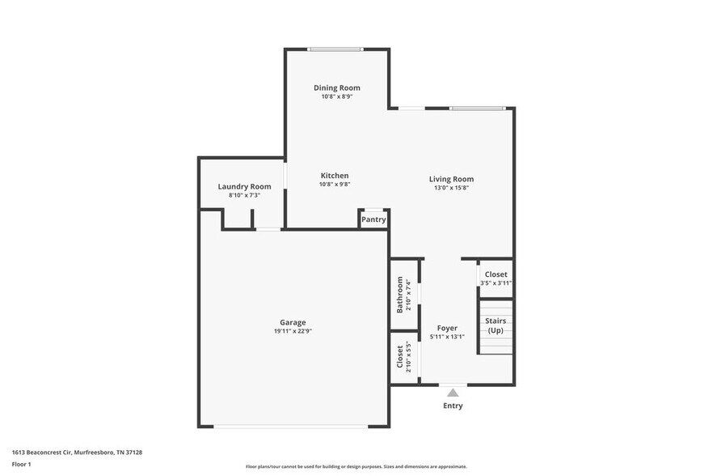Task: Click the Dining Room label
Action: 336,87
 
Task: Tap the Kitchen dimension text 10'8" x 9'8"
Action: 335,185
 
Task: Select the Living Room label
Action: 451,179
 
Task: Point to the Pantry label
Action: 373,219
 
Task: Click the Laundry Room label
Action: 243,186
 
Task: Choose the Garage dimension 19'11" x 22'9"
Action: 293,331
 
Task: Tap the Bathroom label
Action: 399,295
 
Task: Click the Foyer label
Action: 447,328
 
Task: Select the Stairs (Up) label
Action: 496,325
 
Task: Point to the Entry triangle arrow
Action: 453,392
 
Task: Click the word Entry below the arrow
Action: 453,406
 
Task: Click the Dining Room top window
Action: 335,49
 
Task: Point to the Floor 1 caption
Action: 21,464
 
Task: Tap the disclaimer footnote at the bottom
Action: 356,466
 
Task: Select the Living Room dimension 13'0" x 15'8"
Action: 451,188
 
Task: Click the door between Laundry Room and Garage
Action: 268,229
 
